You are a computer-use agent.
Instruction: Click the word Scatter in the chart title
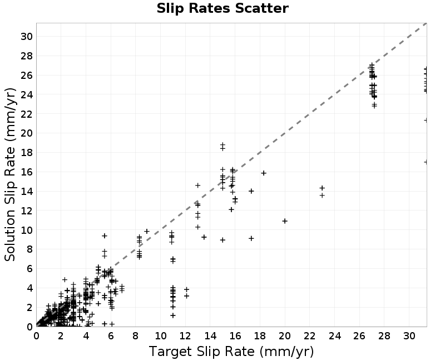pyautogui.click(x=261, y=8)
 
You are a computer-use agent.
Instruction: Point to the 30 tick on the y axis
pyautogui.click(x=26, y=36)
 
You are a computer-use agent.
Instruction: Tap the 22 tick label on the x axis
pyautogui.click(x=310, y=336)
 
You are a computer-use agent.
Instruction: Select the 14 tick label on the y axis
pyautogui.click(x=26, y=191)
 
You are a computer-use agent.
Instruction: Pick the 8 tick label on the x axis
pyautogui.click(x=135, y=336)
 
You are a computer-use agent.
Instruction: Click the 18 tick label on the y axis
pyautogui.click(x=26, y=152)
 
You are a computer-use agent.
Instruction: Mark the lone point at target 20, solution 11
pyautogui.click(x=285, y=220)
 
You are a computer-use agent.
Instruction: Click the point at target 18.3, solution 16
pyautogui.click(x=264, y=173)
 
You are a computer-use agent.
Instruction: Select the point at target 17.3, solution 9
pyautogui.click(x=251, y=238)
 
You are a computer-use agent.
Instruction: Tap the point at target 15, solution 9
pyautogui.click(x=223, y=240)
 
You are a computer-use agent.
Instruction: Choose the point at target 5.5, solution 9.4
pyautogui.click(x=105, y=235)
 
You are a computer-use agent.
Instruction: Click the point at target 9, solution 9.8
pyautogui.click(x=147, y=231)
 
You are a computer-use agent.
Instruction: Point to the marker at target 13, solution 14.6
pyautogui.click(x=198, y=185)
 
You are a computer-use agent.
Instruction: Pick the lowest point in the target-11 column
pyautogui.click(x=173, y=315)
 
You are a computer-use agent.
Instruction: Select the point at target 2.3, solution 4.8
pyautogui.click(x=65, y=280)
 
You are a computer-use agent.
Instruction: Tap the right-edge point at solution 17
pyautogui.click(x=426, y=162)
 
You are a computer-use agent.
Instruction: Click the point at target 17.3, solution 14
pyautogui.click(x=251, y=191)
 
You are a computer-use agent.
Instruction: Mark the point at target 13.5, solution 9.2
pyautogui.click(x=204, y=237)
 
